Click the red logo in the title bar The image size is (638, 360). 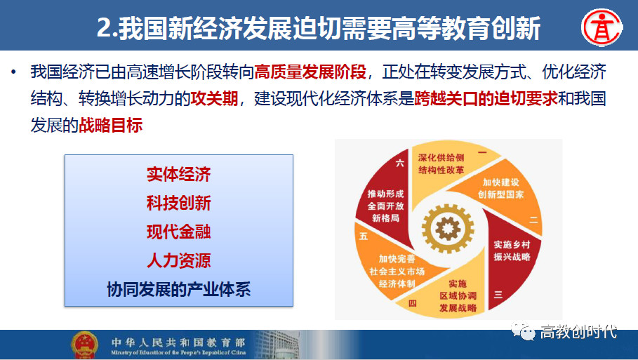pos(602,27)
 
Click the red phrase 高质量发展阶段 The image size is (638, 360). pos(310,72)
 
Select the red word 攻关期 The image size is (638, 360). pos(214,98)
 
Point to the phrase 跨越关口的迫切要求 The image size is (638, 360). pos(486,98)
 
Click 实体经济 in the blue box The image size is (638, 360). pos(178,174)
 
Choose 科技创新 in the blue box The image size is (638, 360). pos(178,203)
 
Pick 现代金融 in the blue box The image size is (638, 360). pos(178,232)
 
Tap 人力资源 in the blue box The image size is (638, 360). pos(178,260)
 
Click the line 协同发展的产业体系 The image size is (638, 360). pos(178,289)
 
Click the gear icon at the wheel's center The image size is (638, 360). pos(448,228)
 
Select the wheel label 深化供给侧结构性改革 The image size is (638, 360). pos(441,164)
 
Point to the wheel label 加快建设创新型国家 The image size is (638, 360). pos(501,188)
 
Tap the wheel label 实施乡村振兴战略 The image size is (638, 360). pos(512,251)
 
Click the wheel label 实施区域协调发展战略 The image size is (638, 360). pos(458,295)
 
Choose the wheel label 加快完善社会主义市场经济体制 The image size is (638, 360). pos(397,271)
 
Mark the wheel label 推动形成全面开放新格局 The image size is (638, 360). pos(385,206)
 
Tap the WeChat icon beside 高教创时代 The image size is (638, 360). pos(524,331)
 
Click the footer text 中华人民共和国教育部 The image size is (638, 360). pos(178,342)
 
